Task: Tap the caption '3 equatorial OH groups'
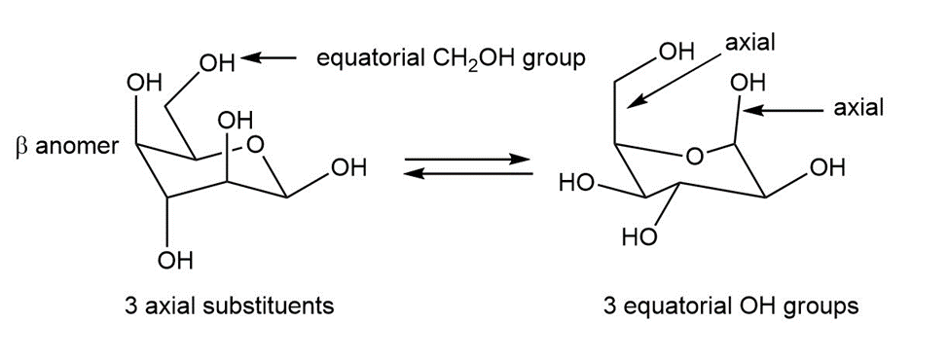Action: pyautogui.click(x=731, y=306)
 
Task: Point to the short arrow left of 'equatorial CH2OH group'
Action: pyautogui.click(x=269, y=58)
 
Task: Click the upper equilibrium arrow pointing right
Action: pyautogui.click(x=466, y=161)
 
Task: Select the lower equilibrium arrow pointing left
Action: pyautogui.click(x=466, y=173)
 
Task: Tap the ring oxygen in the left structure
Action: pyautogui.click(x=255, y=144)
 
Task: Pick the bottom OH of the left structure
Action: pyautogui.click(x=174, y=262)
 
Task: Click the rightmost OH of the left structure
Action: pyautogui.click(x=349, y=167)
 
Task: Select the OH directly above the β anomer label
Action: pyautogui.click(x=144, y=82)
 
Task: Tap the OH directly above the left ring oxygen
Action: pyautogui.click(x=236, y=121)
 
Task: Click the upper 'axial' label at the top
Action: pyautogui.click(x=750, y=44)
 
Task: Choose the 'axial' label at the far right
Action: pyautogui.click(x=858, y=108)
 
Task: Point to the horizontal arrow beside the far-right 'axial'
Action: pyautogui.click(x=784, y=111)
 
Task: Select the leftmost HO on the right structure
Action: pyautogui.click(x=575, y=183)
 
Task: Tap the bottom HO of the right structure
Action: pyautogui.click(x=639, y=237)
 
